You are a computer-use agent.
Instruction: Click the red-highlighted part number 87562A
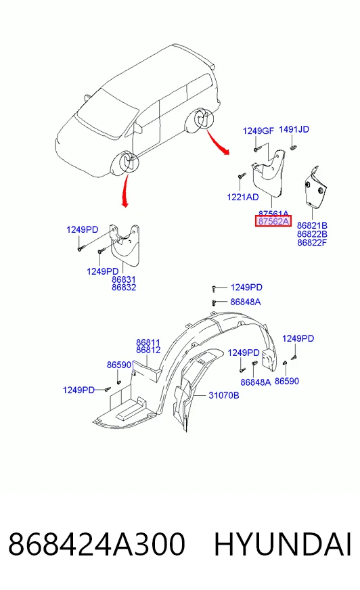[x=273, y=221]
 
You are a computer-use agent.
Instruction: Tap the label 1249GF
[x=258, y=131]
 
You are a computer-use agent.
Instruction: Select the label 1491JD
[x=294, y=129]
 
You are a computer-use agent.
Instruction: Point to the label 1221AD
[x=243, y=197]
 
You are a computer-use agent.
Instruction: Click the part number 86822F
[x=312, y=243]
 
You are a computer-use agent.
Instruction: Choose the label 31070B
[x=224, y=395]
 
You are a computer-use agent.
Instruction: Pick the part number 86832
[x=124, y=288]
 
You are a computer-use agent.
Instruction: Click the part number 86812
[x=148, y=350]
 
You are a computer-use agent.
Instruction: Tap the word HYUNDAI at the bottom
[x=283, y=544]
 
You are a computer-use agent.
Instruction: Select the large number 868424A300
[x=97, y=544]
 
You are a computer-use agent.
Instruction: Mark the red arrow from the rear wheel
[x=217, y=142]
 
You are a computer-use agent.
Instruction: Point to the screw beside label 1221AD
[x=242, y=176]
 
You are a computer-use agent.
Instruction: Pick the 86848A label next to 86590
[x=256, y=382]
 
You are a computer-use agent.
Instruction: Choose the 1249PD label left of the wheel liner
[x=78, y=390]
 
